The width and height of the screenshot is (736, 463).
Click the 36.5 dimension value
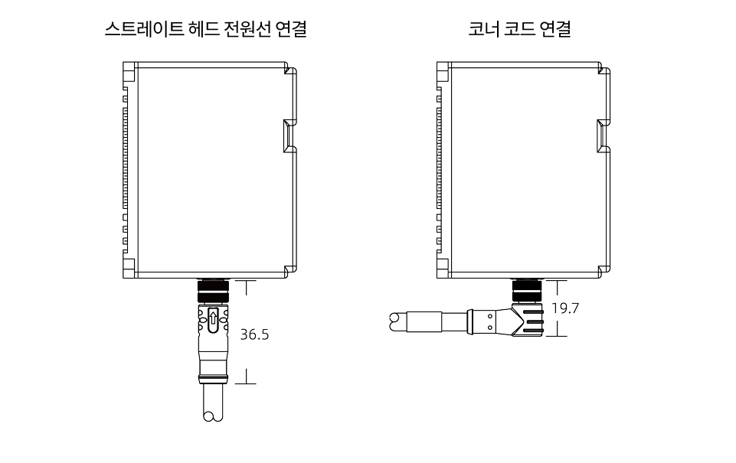coord(255,335)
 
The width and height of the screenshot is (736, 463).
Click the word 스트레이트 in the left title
coord(148,31)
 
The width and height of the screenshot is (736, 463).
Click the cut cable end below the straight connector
coord(208,416)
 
